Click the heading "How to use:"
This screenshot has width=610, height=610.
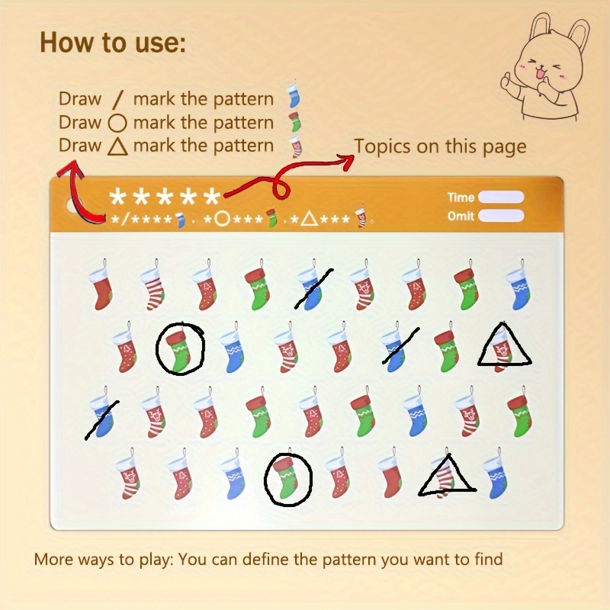coord(113,42)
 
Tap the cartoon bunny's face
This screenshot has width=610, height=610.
coord(538,65)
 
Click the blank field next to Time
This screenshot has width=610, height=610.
coord(501,197)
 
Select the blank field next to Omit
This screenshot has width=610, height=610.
coord(501,216)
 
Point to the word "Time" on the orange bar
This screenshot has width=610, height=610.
coord(461,197)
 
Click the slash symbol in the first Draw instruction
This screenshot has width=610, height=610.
coord(117,99)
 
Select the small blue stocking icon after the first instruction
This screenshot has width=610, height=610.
coord(291,98)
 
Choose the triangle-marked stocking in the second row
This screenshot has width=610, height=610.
coord(503,346)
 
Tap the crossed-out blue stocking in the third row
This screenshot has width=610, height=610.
coord(101,416)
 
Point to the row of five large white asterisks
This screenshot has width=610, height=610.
coord(165,197)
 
